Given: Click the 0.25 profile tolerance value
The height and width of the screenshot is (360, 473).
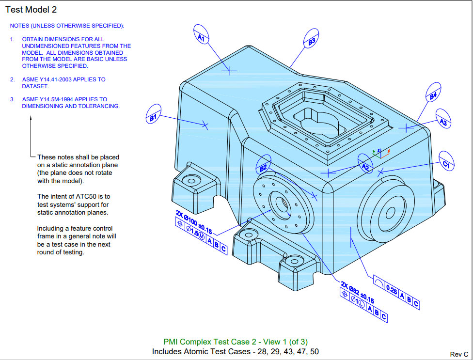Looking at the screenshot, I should point(391,290).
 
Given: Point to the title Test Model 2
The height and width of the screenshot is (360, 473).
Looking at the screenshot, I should point(34,10).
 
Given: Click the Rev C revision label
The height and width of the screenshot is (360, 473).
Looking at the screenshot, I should point(459,354).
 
